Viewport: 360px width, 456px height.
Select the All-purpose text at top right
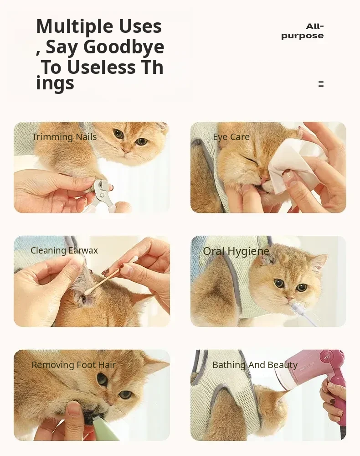point(302,31)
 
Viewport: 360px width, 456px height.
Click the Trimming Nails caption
point(64,137)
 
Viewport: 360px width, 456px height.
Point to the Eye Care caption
point(231,137)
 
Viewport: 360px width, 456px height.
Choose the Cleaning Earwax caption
point(64,250)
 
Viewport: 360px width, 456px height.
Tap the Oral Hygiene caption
point(236,251)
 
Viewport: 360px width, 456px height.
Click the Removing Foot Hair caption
point(73,365)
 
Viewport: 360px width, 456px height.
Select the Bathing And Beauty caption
point(255,365)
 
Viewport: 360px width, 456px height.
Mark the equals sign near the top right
point(321,84)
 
